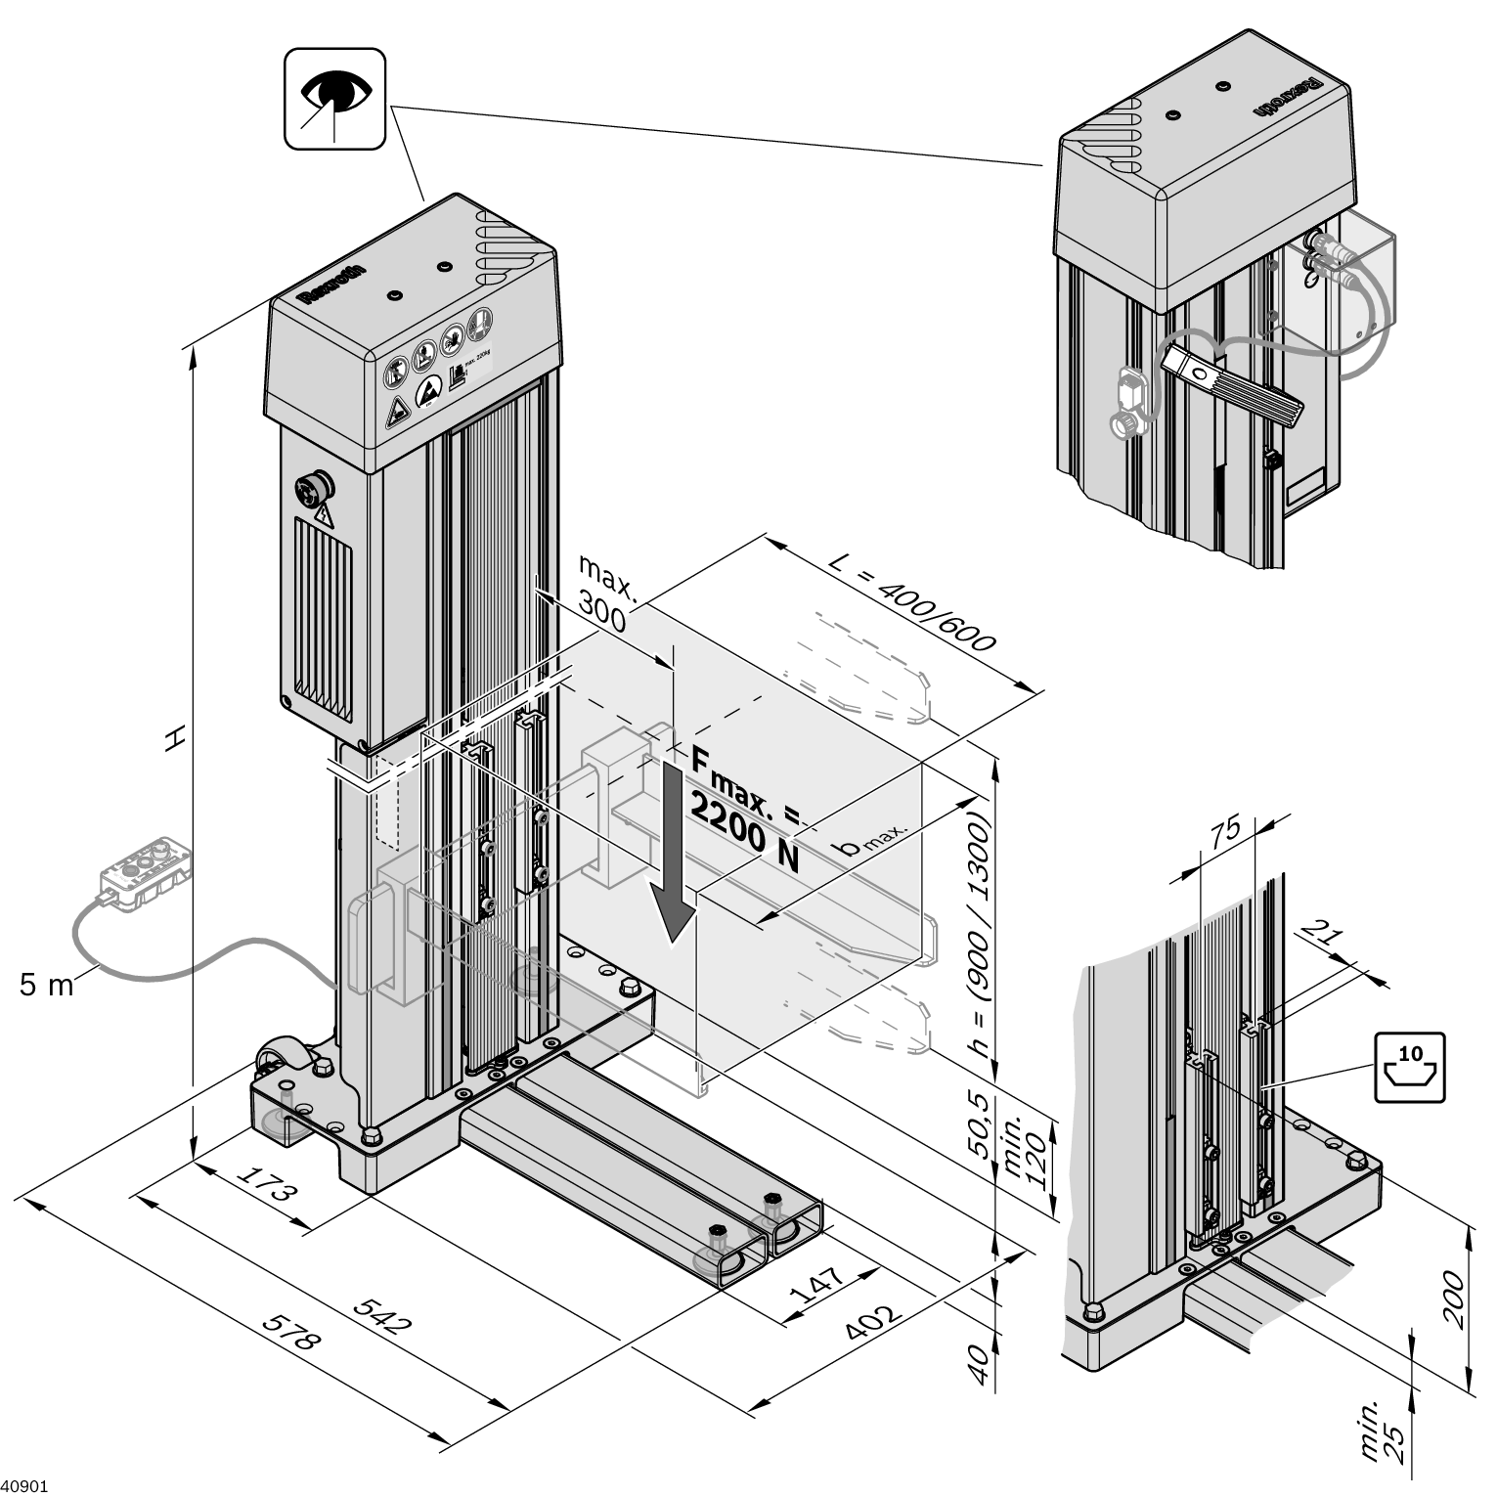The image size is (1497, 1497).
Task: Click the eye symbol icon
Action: pos(335,99)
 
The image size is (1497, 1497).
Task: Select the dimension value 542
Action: pos(381,1314)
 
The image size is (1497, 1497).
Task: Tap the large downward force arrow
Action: pos(674,851)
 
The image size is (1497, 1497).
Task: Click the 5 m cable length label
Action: pos(46,985)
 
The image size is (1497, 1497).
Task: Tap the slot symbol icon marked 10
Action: pos(1409,1067)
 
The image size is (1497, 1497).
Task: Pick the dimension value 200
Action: pos(1454,1298)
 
